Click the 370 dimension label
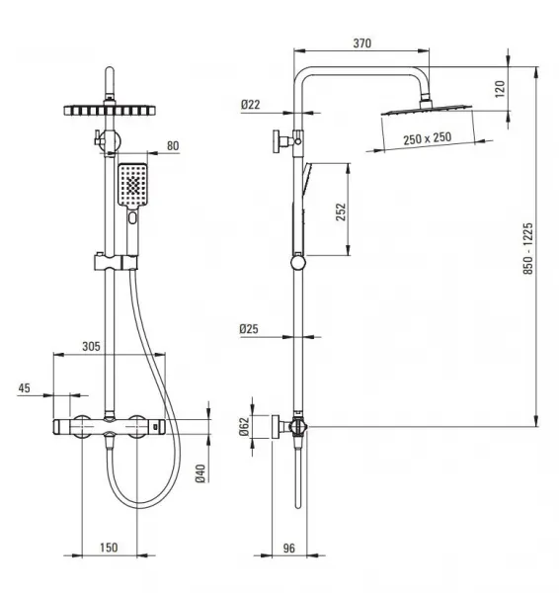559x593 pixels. (362, 43)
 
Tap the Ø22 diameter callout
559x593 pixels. (251, 105)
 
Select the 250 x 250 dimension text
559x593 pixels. (427, 138)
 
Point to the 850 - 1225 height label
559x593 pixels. (528, 248)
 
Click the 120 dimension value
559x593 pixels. (500, 89)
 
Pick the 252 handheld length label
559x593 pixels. (341, 212)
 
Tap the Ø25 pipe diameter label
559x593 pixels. (249, 329)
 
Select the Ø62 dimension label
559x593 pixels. (245, 427)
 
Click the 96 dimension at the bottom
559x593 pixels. (288, 548)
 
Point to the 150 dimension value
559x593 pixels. (109, 548)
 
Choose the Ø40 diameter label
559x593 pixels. (200, 473)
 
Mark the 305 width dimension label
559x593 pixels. (92, 347)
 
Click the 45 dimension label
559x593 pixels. (24, 388)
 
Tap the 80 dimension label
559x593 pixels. (173, 146)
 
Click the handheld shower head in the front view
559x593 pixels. (132, 186)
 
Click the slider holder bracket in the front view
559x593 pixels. (116, 262)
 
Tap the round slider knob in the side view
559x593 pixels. (298, 263)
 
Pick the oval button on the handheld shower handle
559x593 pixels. (132, 217)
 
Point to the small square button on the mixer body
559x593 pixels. (156, 427)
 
